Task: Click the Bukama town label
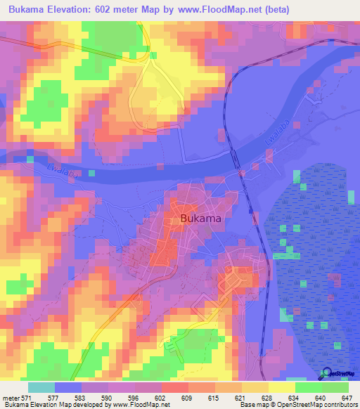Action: coord(202,219)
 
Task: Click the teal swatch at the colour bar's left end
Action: coord(41,388)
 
